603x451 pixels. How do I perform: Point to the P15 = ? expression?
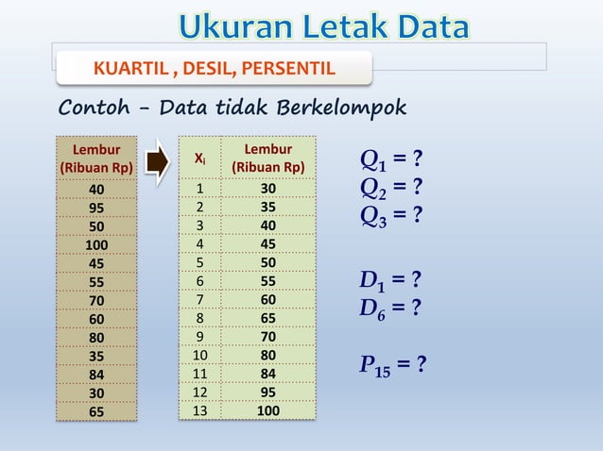click(x=392, y=364)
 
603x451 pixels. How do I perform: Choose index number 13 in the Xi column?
click(x=200, y=410)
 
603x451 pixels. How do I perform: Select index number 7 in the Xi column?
click(x=200, y=298)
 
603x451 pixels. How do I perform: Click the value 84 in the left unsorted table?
click(x=96, y=376)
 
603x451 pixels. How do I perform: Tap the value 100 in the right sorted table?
click(x=267, y=410)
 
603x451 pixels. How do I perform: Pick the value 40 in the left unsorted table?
click(x=96, y=189)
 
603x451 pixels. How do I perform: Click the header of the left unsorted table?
click(x=96, y=159)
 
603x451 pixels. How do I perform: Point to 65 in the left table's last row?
click(x=96, y=411)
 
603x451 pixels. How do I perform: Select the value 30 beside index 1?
click(x=267, y=189)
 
